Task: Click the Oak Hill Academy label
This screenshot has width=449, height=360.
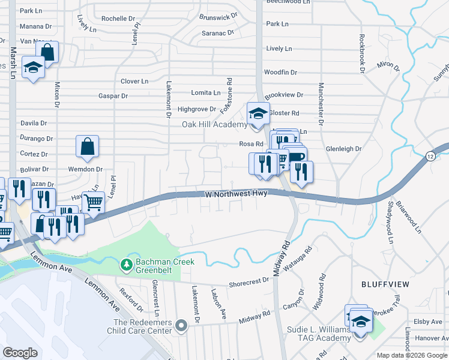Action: (214, 125)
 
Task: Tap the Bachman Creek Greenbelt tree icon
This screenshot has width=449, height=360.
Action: (126, 264)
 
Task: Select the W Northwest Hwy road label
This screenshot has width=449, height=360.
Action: (235, 194)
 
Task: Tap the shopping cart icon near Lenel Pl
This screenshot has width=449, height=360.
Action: (93, 203)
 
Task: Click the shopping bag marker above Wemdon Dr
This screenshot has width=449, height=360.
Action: (88, 146)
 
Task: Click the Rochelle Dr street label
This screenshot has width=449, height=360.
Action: (118, 19)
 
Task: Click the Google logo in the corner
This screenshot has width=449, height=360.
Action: (20, 353)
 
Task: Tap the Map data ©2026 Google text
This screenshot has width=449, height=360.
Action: (411, 355)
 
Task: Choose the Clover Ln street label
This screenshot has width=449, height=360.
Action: (134, 81)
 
